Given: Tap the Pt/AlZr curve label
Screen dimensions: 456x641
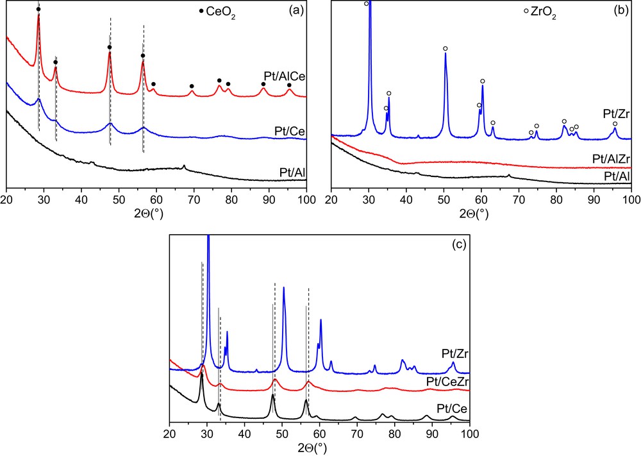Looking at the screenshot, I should coord(608,158).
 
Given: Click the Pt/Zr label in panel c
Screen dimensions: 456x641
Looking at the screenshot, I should coord(454,353).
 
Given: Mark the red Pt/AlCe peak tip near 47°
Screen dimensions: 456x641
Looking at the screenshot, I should coord(110,52).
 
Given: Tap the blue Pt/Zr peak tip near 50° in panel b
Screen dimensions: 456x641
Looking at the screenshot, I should coord(445,53).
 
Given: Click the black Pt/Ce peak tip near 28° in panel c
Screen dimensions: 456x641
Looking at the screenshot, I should coord(202,374).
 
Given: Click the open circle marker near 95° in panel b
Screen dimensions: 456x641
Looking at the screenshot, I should coord(615,124).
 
